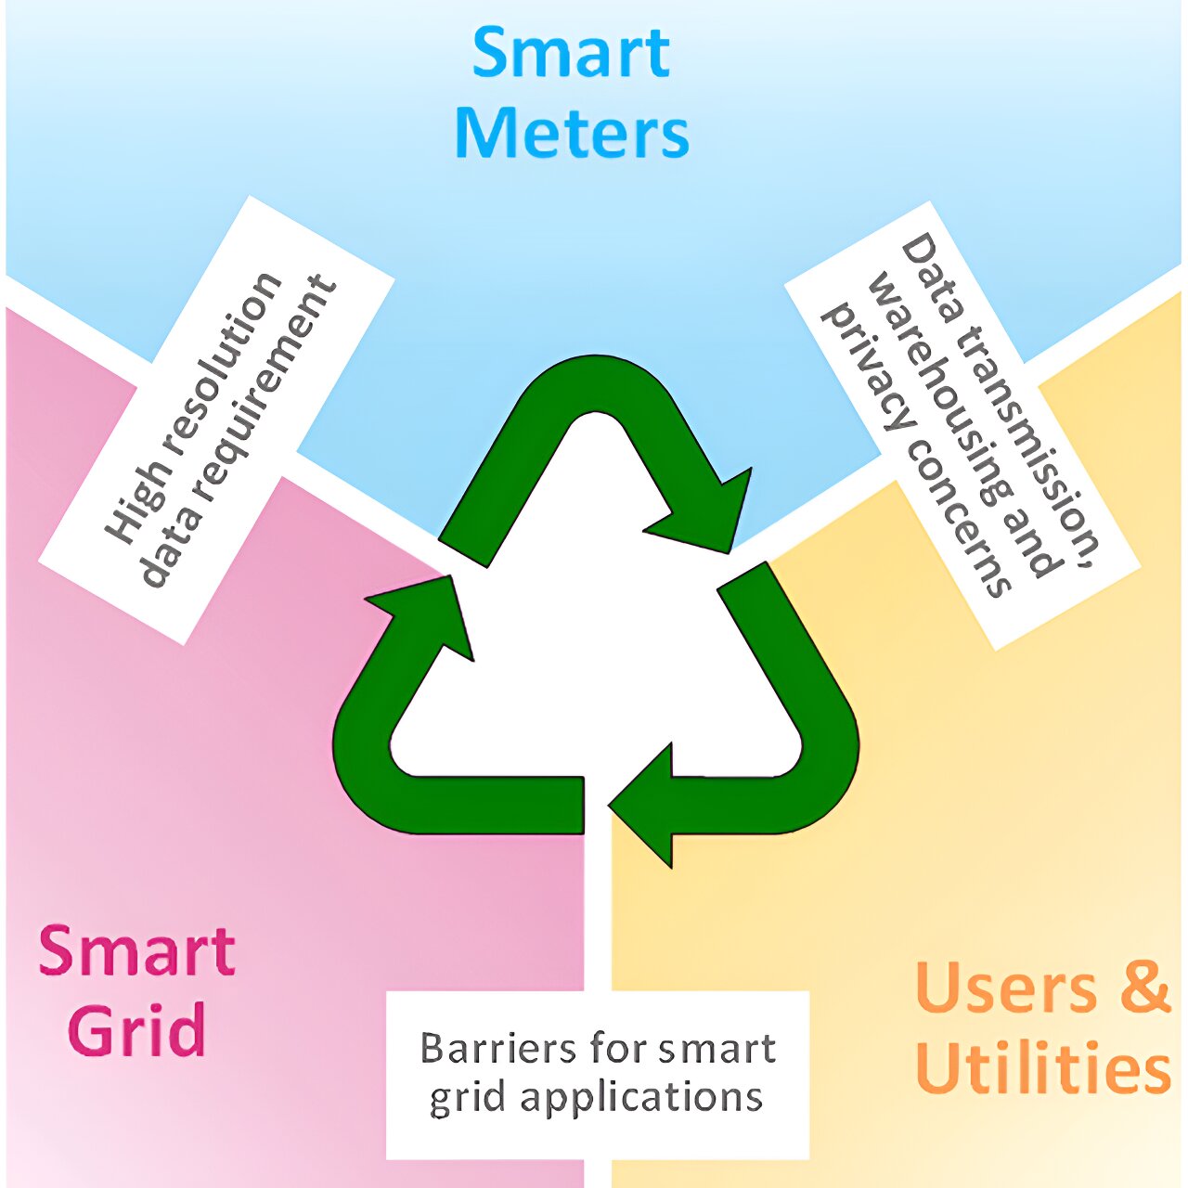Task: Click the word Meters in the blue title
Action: (x=572, y=134)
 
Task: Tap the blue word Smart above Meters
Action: (x=571, y=53)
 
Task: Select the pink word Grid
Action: (x=136, y=1030)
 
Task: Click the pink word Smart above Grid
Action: (x=136, y=950)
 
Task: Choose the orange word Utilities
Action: (x=1041, y=1068)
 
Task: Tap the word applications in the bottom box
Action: (x=641, y=1098)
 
